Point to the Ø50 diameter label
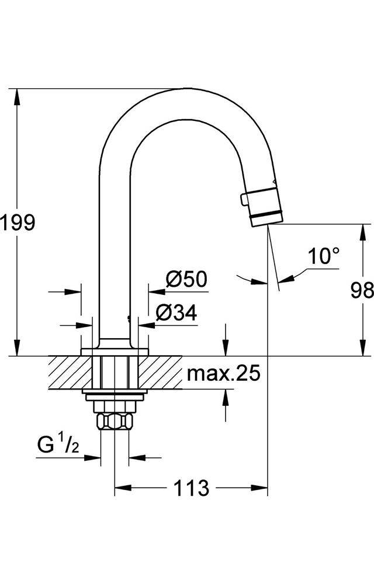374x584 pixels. coord(186,280)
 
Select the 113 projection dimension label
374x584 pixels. coord(191,488)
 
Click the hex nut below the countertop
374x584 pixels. coord(115,420)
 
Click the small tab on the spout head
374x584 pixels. coord(244,200)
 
